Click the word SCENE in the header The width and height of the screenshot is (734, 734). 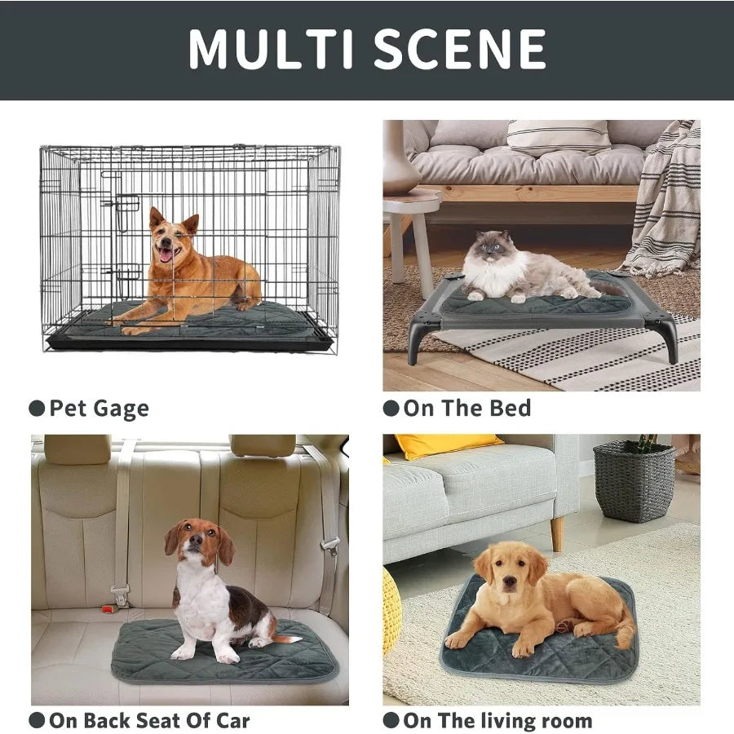click(460, 49)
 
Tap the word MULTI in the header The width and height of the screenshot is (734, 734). click(271, 49)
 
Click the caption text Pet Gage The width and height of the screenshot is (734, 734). click(99, 409)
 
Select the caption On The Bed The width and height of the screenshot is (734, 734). click(467, 409)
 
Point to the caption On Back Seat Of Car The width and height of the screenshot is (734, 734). click(149, 720)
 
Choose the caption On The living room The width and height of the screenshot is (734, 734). click(497, 720)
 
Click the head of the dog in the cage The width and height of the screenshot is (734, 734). click(172, 237)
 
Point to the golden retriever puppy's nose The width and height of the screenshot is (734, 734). click(509, 582)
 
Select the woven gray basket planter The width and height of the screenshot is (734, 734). click(634, 481)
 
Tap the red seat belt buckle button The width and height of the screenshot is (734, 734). click(108, 609)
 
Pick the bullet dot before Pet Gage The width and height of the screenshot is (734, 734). click(37, 409)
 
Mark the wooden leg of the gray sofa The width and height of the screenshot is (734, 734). click(556, 533)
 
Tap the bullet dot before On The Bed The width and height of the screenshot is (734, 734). click(391, 409)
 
